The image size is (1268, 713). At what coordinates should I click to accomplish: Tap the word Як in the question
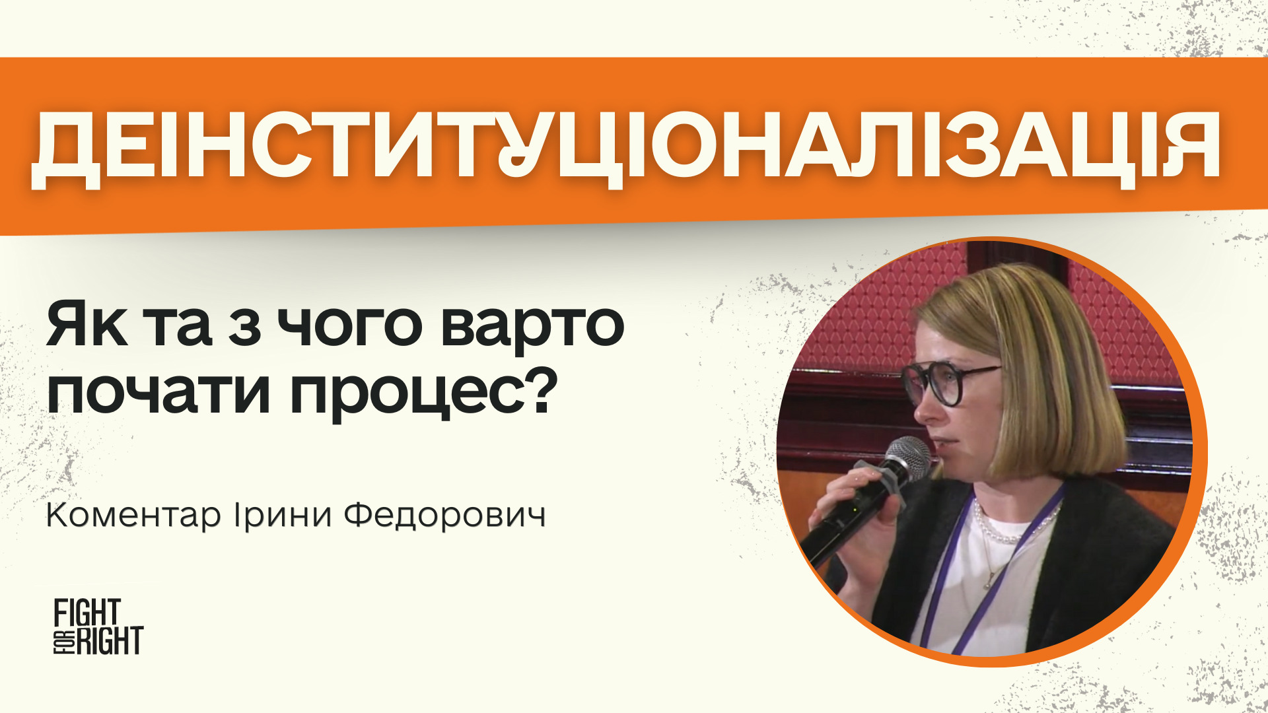click(87, 324)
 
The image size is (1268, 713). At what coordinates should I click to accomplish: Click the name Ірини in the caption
click(283, 516)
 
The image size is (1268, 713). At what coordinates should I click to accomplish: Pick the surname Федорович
click(445, 516)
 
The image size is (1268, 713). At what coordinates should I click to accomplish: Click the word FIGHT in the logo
click(87, 613)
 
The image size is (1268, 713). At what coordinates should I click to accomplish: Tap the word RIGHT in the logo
click(110, 640)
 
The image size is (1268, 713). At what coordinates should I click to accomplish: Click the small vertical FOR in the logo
click(63, 640)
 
